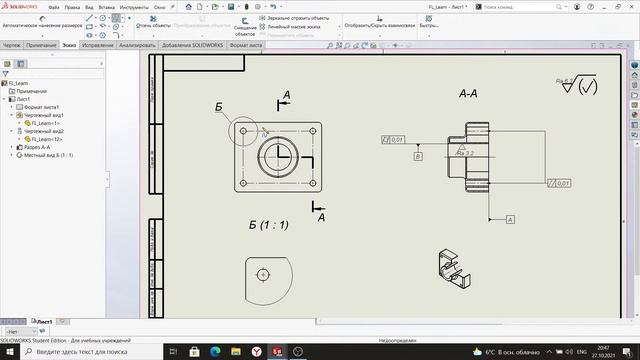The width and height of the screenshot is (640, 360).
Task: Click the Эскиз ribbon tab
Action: (68, 45)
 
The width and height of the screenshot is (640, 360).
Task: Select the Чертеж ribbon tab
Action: (12, 45)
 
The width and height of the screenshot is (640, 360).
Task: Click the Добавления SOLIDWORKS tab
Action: (191, 45)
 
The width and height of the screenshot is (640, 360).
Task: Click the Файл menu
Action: (53, 6)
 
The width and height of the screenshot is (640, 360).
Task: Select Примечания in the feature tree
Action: (32, 92)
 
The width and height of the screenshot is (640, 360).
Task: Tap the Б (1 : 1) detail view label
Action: (268, 225)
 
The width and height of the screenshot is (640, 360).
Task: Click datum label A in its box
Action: (509, 218)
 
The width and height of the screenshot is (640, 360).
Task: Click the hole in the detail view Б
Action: (263, 274)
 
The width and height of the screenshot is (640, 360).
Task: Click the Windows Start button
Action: (9, 351)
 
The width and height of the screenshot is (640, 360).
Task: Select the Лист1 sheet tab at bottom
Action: (45, 322)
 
